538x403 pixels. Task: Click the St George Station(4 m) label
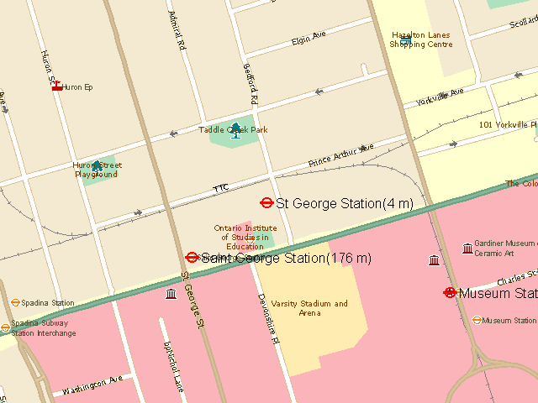point(345,203)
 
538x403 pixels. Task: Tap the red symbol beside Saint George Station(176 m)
point(192,258)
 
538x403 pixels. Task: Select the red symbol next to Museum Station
point(450,293)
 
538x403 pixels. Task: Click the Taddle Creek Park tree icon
point(235,128)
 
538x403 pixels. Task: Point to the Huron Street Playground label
point(95,170)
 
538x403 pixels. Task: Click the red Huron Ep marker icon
point(57,86)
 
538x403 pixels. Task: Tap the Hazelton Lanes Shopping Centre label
point(421,40)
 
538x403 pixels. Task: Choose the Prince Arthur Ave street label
point(340,154)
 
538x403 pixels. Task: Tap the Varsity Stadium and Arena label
point(309,308)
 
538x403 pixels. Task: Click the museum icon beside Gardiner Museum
point(467,248)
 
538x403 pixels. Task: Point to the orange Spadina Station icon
point(15,302)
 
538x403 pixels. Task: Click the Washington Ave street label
point(92,385)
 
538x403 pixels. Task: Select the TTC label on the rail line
point(220,187)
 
